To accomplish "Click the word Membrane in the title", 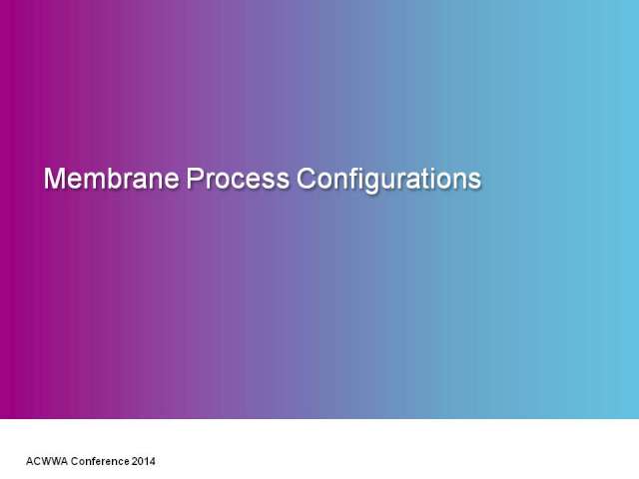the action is (111, 179).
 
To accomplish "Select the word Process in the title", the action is (238, 179).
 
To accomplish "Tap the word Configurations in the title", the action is (388, 180).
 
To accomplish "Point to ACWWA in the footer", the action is (47, 461).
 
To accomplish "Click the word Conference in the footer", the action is (100, 461).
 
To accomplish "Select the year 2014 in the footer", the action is (143, 461).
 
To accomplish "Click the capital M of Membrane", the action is (54, 179).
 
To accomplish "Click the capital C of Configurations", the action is (307, 179).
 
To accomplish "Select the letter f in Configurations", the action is (352, 178).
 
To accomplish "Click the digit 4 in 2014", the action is (152, 461).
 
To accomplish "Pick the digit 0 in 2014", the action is (141, 461).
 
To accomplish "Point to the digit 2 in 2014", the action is (135, 461).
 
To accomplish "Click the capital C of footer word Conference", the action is (75, 461).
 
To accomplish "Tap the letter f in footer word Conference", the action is (95, 461).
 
